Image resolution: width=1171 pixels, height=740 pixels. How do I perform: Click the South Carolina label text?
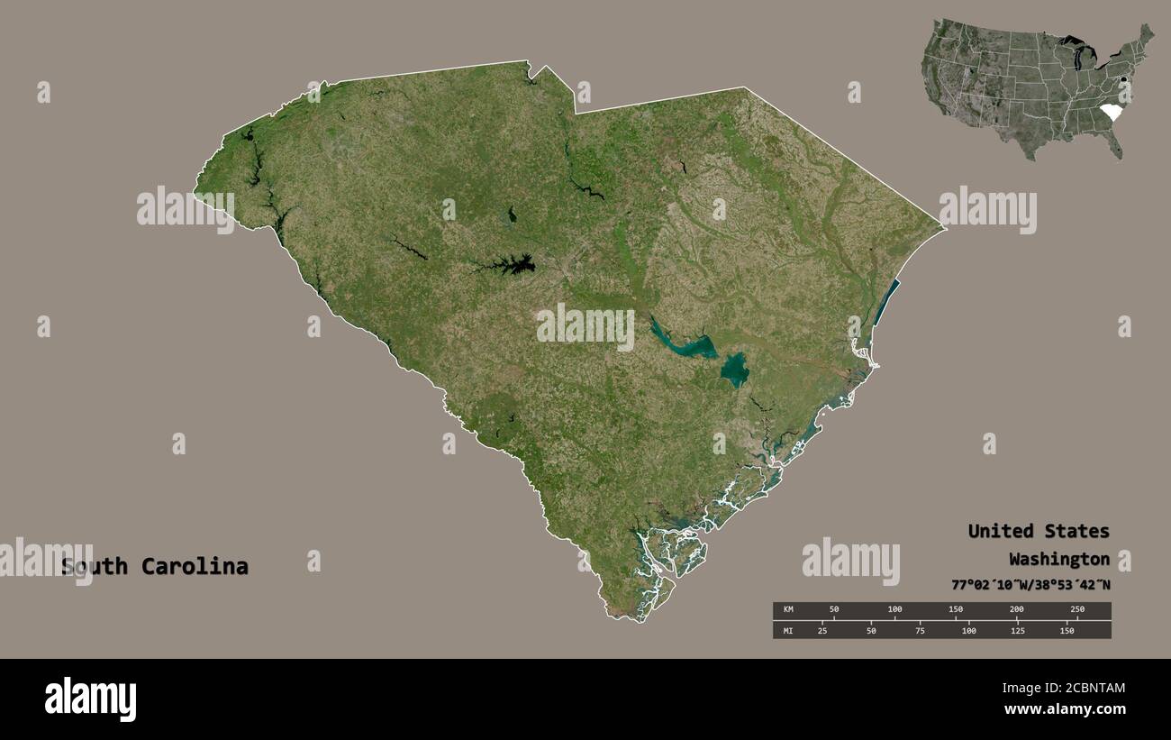[x=155, y=567]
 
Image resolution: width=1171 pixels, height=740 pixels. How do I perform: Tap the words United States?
[x=1039, y=531]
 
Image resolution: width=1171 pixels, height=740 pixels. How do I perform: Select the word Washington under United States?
[x=1059, y=558]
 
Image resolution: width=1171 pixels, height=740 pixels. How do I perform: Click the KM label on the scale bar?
[x=788, y=610]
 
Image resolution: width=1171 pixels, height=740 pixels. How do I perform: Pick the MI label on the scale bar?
[x=788, y=630]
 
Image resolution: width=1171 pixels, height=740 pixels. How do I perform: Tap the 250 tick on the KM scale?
[x=1077, y=610]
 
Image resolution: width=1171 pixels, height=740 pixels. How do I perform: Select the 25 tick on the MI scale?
[x=822, y=630]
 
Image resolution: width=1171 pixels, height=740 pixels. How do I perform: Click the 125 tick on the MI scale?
[x=1017, y=630]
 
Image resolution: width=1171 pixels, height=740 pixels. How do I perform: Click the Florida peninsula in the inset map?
[x=1117, y=144]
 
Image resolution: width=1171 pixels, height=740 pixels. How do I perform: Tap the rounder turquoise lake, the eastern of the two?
[x=735, y=368]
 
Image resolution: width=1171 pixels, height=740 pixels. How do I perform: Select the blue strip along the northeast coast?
[x=886, y=302]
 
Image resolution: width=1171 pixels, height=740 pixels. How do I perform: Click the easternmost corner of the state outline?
[x=945, y=228]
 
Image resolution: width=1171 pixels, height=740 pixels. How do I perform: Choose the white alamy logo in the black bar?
[x=91, y=699]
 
